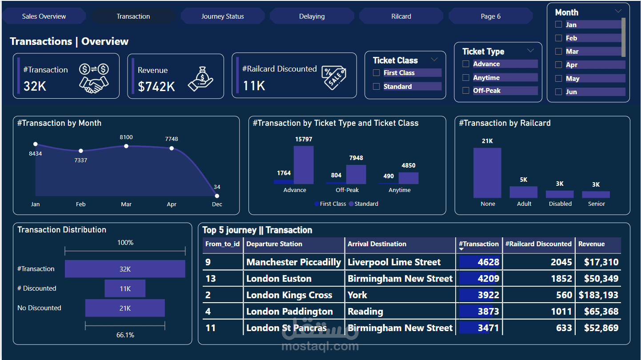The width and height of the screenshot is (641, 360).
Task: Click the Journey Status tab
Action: point(222,16)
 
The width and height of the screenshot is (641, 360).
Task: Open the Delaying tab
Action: point(312,16)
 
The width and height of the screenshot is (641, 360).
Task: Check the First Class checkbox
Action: point(377,73)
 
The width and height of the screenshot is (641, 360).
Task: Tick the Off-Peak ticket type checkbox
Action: point(466,91)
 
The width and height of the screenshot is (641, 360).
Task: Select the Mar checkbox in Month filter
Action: point(559,52)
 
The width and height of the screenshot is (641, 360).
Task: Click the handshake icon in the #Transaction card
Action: point(93,79)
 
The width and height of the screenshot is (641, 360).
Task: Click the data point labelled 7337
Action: point(80,151)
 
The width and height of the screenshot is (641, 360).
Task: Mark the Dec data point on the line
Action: point(217,196)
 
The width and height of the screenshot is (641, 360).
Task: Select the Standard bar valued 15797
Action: point(304,165)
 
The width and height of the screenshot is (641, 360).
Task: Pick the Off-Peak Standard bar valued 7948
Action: point(356,174)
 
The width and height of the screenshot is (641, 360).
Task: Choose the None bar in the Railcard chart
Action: point(487,173)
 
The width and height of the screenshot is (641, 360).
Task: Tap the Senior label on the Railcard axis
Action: point(596,204)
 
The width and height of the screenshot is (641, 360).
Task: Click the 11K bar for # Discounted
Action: point(125,288)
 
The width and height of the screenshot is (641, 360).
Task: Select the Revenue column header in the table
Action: point(591,244)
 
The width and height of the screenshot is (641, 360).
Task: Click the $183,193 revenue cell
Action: point(598,295)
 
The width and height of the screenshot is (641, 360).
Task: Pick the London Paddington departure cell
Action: point(289,312)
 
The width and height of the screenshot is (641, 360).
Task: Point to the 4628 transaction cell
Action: point(480,262)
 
